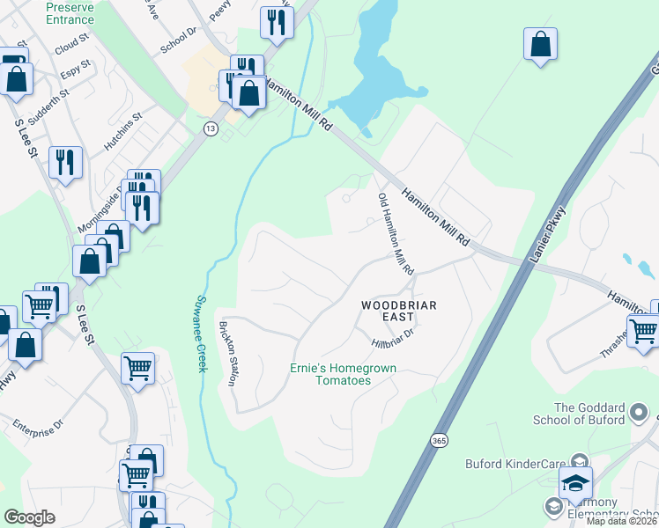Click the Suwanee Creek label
[198, 333]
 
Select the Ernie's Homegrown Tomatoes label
[344, 374]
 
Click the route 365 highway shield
[438, 438]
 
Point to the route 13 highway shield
[210, 129]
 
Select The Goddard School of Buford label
[602, 414]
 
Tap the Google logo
[29, 517]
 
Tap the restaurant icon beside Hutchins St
[66, 161]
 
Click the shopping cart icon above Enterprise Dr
[138, 367]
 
